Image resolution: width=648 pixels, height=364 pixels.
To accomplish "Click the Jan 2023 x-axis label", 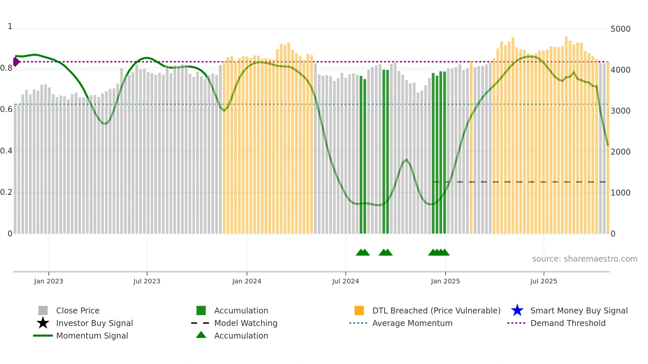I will pos(49,281).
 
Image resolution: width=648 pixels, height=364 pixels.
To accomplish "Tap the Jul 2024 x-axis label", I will pos(345,281).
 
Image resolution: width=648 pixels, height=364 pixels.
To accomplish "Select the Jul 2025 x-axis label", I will pos(544,281).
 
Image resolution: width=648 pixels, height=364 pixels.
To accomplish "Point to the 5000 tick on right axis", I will pos(620,29).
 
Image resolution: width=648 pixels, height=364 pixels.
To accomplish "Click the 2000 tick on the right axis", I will pos(620,152).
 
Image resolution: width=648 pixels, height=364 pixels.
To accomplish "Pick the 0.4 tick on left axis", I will pos(6,151).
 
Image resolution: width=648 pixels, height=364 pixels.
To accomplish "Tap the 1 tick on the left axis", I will pos(10,26).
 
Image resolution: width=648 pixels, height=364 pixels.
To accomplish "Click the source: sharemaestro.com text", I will pos(585,259).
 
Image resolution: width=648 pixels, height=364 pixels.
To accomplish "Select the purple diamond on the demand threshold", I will pos(16,62).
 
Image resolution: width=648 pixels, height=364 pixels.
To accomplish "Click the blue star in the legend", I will pos(517,310).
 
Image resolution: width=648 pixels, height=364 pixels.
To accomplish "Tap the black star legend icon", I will pos(43,323).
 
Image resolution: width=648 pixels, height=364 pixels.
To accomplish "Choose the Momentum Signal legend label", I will pos(92,336).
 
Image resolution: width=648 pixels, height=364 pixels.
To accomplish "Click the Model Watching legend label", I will pos(246,323).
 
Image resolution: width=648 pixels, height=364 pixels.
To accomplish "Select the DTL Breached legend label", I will pos(436,310).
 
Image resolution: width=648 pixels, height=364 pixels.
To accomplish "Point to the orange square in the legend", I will pos(359,310).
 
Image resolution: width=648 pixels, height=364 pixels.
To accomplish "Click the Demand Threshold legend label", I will pos(568,323).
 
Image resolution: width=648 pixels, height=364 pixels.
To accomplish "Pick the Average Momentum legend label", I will pos(412,323).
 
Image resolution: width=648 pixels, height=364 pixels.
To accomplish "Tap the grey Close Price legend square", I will pos(43,310).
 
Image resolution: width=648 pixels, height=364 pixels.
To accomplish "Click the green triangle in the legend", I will pos(201,335).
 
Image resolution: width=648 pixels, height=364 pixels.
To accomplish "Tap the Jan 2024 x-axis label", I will pos(247,281).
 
